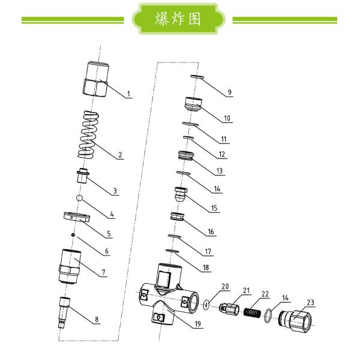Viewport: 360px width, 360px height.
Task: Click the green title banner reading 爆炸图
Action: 178,19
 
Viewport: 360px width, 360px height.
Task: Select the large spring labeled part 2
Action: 88,135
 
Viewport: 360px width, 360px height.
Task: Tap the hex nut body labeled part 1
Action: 95,79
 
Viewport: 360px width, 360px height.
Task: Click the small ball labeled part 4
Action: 79,197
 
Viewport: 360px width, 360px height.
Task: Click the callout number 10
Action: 227,118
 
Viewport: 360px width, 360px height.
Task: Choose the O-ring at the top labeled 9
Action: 197,77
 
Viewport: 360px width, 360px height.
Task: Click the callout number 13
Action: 220,171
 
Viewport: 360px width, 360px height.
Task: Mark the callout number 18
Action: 206,268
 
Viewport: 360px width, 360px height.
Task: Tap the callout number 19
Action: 197,324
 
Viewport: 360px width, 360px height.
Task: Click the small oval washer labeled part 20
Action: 206,305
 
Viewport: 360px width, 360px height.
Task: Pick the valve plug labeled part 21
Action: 229,309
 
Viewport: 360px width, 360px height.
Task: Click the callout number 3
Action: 115,191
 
